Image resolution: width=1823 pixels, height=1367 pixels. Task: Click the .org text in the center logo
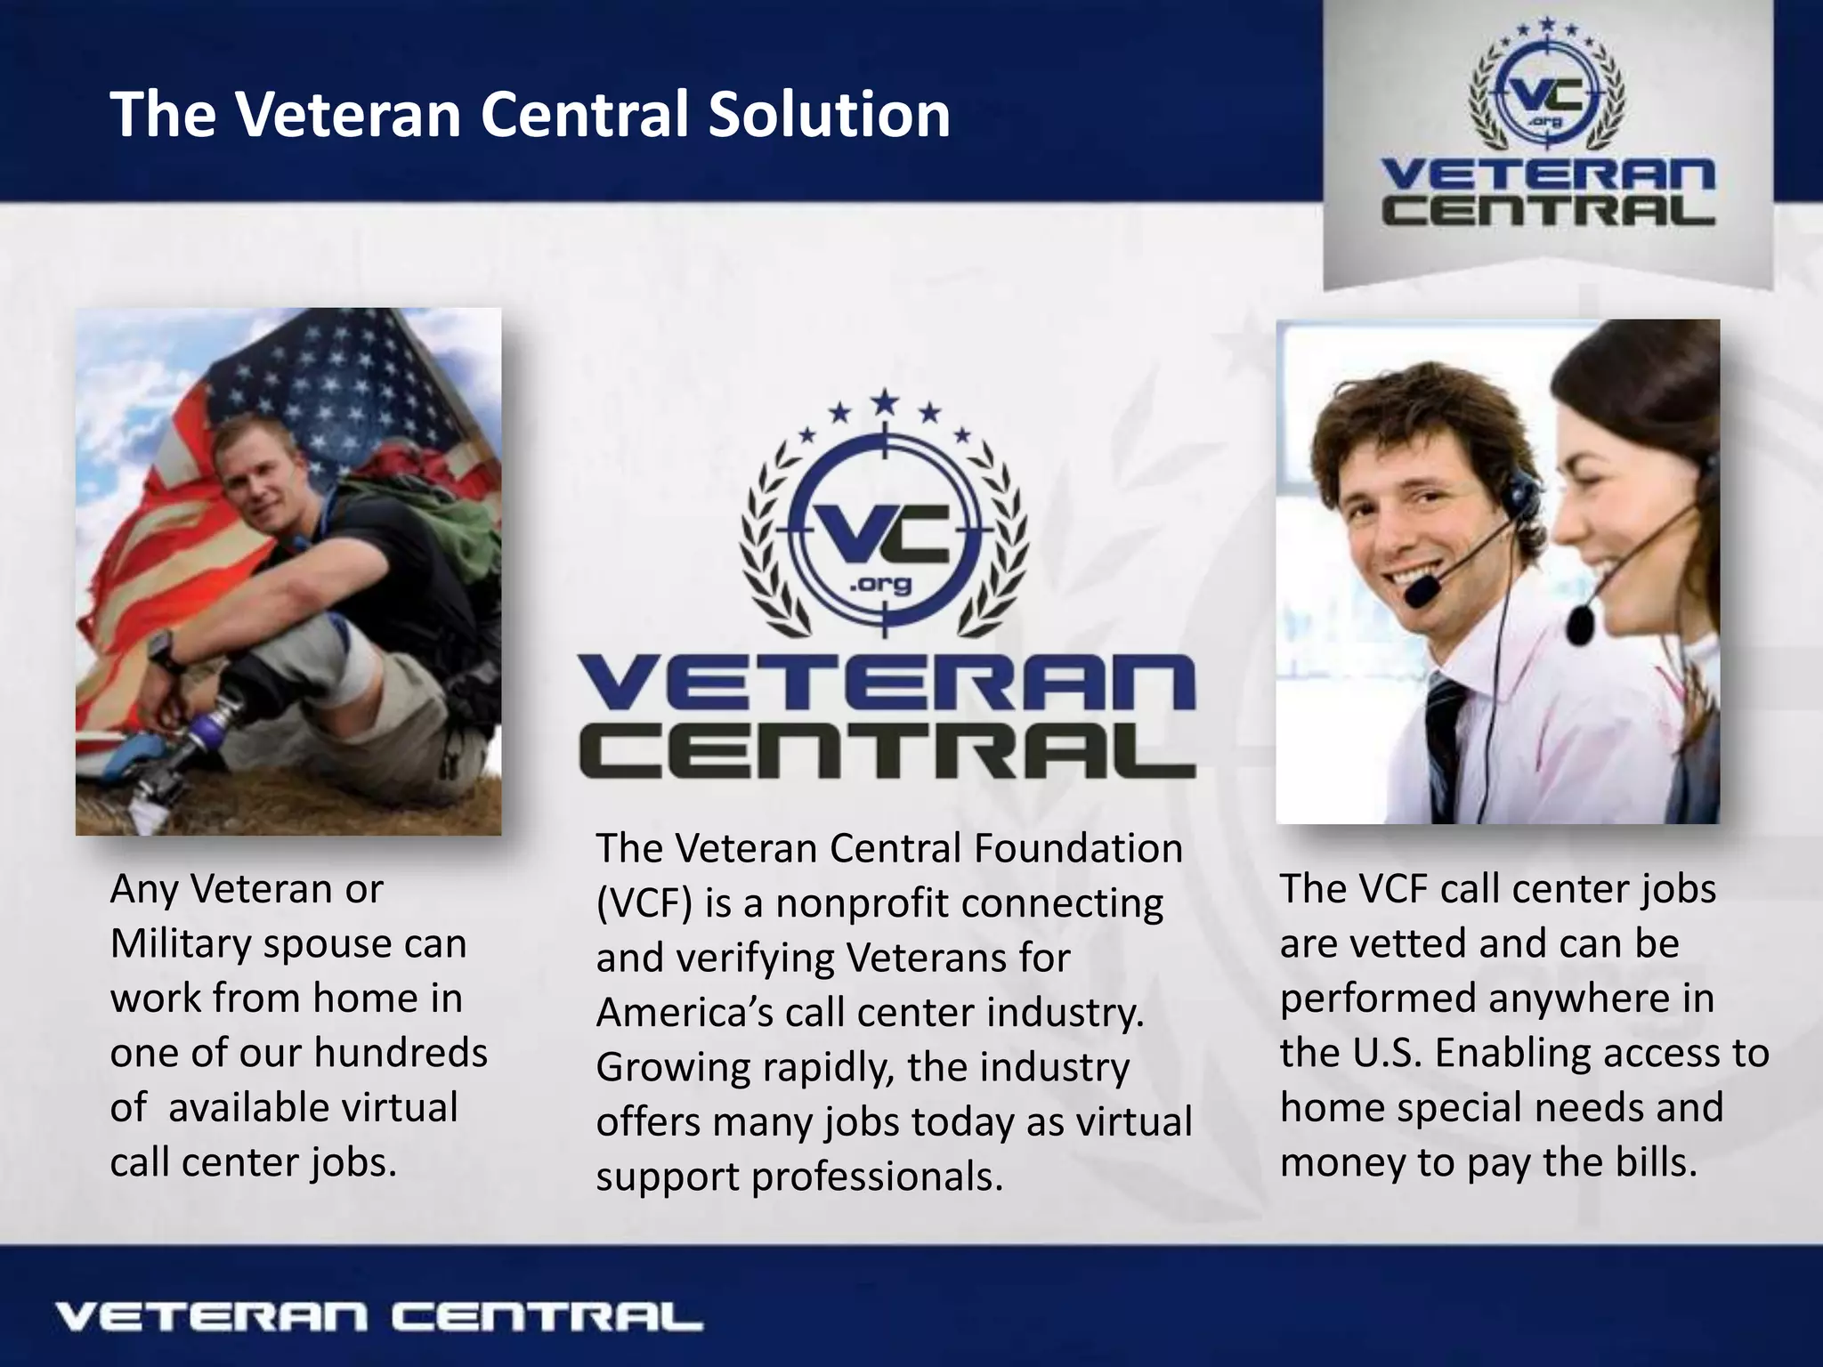pos(881,585)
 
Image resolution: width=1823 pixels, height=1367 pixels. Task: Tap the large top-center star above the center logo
pos(883,401)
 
